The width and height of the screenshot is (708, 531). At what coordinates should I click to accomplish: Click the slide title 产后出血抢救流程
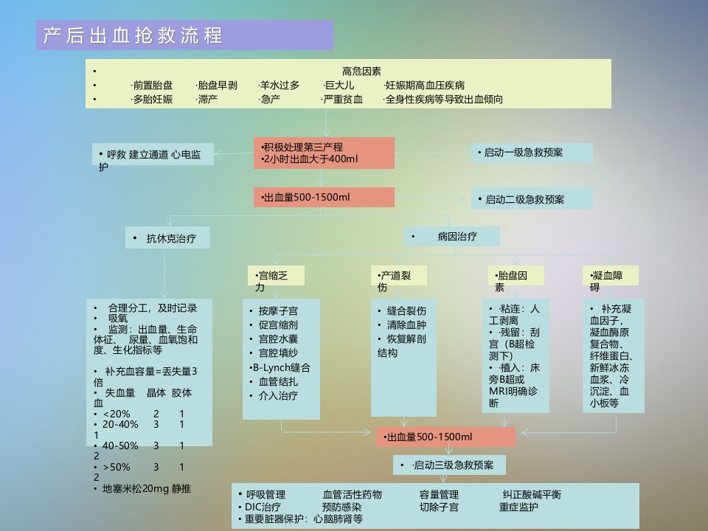tap(133, 35)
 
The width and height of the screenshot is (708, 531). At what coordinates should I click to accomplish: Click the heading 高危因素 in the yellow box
tap(361, 71)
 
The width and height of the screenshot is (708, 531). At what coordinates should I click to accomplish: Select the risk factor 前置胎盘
tap(153, 86)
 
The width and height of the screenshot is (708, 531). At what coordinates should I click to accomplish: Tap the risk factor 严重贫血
tap(342, 100)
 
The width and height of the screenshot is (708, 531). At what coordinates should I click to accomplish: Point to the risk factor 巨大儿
tap(339, 86)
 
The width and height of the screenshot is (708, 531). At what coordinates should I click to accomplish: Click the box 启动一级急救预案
tap(532, 153)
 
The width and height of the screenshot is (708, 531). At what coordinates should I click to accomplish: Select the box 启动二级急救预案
tap(532, 198)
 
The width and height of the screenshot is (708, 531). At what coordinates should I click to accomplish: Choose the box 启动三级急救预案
tap(449, 465)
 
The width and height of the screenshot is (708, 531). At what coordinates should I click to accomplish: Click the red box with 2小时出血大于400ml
tap(324, 153)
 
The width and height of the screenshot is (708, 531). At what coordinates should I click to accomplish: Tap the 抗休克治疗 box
tap(167, 238)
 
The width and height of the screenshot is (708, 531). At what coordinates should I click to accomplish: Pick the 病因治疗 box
tap(451, 236)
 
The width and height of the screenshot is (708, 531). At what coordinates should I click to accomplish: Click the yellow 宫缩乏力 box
tap(276, 275)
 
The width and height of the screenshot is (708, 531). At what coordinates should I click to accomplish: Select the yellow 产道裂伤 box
tap(398, 275)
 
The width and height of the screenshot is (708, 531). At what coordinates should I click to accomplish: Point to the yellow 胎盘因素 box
tap(516, 275)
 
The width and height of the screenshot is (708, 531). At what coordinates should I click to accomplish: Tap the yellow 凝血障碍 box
tap(611, 275)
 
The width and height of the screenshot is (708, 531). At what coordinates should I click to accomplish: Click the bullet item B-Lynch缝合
tap(280, 367)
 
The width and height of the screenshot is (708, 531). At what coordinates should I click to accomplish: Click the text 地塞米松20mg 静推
tap(142, 488)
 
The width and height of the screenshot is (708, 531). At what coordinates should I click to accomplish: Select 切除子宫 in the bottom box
tap(439, 507)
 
